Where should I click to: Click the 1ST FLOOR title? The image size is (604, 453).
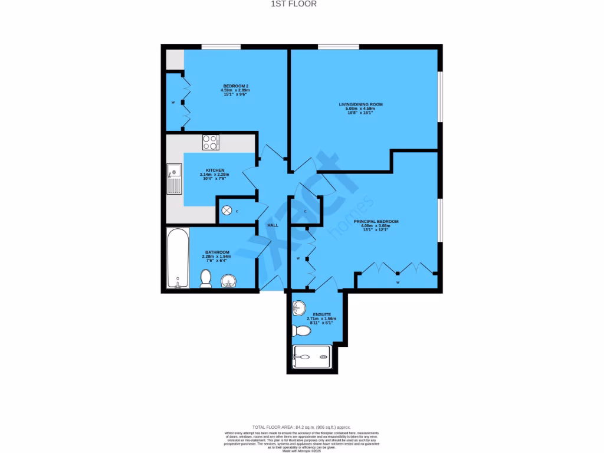(301, 4)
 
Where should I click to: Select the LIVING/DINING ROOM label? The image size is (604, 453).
(360, 104)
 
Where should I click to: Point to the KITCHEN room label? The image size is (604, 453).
(215, 170)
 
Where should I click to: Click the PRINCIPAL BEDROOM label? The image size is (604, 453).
(376, 221)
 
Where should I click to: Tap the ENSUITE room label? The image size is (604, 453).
(322, 314)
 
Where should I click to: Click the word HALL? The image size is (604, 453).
(273, 225)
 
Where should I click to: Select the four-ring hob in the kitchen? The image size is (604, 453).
(211, 142)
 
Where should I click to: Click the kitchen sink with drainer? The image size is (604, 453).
(174, 179)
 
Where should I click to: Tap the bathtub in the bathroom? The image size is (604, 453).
(178, 258)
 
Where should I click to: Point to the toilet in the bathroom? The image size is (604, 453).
(206, 278)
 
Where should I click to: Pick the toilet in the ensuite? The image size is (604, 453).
(302, 331)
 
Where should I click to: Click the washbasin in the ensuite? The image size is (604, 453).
(299, 308)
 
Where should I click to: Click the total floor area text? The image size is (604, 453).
(301, 427)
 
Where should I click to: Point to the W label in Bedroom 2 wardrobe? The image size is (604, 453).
(173, 103)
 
